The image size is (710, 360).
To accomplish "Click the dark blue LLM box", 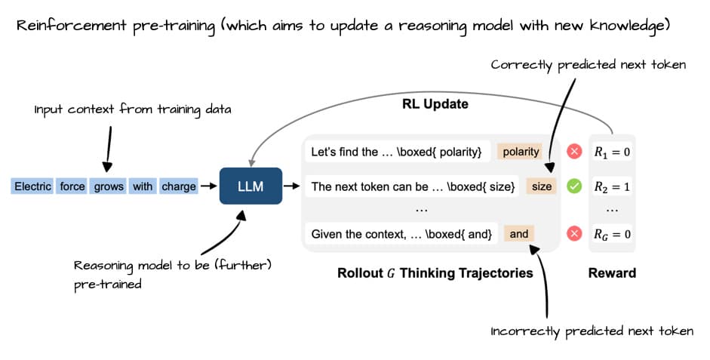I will (250, 186).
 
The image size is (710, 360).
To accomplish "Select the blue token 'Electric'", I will (32, 186).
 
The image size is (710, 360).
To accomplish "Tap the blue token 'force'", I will (72, 186).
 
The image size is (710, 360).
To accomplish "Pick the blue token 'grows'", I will (109, 186).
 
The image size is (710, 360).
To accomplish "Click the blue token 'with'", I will (143, 186).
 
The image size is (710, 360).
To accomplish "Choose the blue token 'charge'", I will (179, 186).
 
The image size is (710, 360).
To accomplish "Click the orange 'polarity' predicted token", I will (521, 152).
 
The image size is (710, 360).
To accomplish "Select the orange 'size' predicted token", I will (542, 186).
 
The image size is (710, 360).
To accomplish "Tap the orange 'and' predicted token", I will (519, 234).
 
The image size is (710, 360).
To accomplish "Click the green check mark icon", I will (574, 186).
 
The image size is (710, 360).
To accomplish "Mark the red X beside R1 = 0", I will (574, 152).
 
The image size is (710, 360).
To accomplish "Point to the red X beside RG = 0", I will (574, 234).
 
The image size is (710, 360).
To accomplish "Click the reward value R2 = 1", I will (611, 186).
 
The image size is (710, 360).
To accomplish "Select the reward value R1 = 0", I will (611, 152).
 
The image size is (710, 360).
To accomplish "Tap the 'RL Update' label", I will (435, 103).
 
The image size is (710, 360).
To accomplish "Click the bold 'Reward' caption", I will (611, 272).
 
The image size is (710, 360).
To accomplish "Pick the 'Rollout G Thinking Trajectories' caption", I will (435, 272).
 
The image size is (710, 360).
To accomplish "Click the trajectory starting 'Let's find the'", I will (397, 152).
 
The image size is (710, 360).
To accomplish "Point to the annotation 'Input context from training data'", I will (133, 110).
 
